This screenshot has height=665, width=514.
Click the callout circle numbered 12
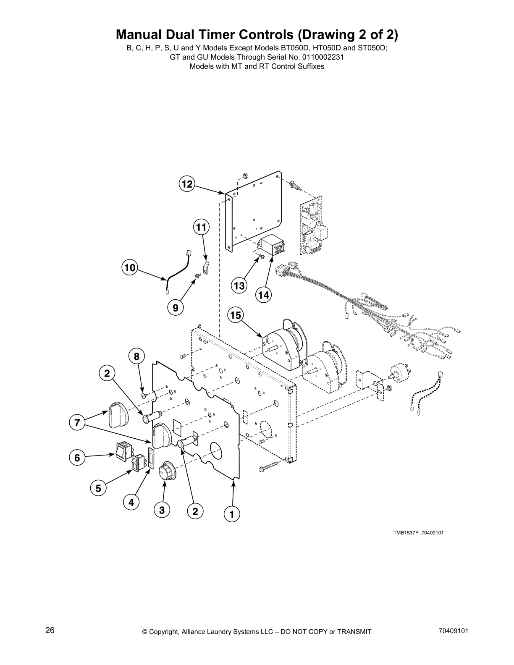(186, 184)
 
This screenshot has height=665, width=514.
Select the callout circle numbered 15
(236, 315)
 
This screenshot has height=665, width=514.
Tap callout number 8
(136, 356)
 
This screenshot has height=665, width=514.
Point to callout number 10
(130, 267)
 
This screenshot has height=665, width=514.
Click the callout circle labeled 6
(77, 457)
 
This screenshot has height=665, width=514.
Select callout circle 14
(263, 295)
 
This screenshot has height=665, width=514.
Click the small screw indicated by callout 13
(261, 257)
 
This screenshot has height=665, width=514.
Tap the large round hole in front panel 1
(216, 452)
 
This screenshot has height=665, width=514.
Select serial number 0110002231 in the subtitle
(320, 57)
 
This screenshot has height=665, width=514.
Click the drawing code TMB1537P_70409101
(418, 533)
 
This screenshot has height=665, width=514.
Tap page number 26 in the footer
(50, 631)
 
